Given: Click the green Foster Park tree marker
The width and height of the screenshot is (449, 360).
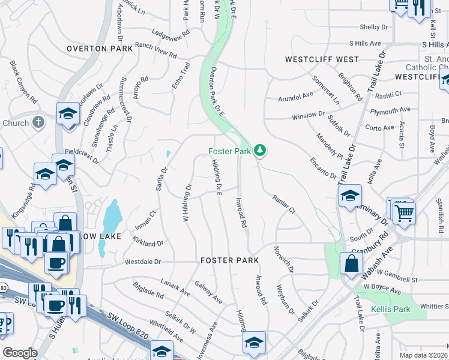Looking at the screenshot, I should [260, 150].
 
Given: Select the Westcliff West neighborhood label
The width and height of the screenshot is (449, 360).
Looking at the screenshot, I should [322, 60].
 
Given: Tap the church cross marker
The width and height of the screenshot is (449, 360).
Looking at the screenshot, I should [38, 122].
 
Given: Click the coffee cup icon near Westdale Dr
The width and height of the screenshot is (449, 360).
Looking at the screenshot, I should [56, 262].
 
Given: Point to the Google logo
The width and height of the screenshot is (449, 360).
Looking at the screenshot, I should [20, 353].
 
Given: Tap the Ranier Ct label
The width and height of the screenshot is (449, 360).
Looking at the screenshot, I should [284, 203].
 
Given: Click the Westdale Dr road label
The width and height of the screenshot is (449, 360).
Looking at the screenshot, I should [143, 262].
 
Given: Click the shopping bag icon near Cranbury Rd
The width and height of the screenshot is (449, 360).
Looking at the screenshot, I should [351, 264].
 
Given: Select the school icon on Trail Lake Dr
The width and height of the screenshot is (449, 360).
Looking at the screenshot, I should [350, 196].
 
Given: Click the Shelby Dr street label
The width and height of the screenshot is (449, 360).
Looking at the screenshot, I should [373, 27].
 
